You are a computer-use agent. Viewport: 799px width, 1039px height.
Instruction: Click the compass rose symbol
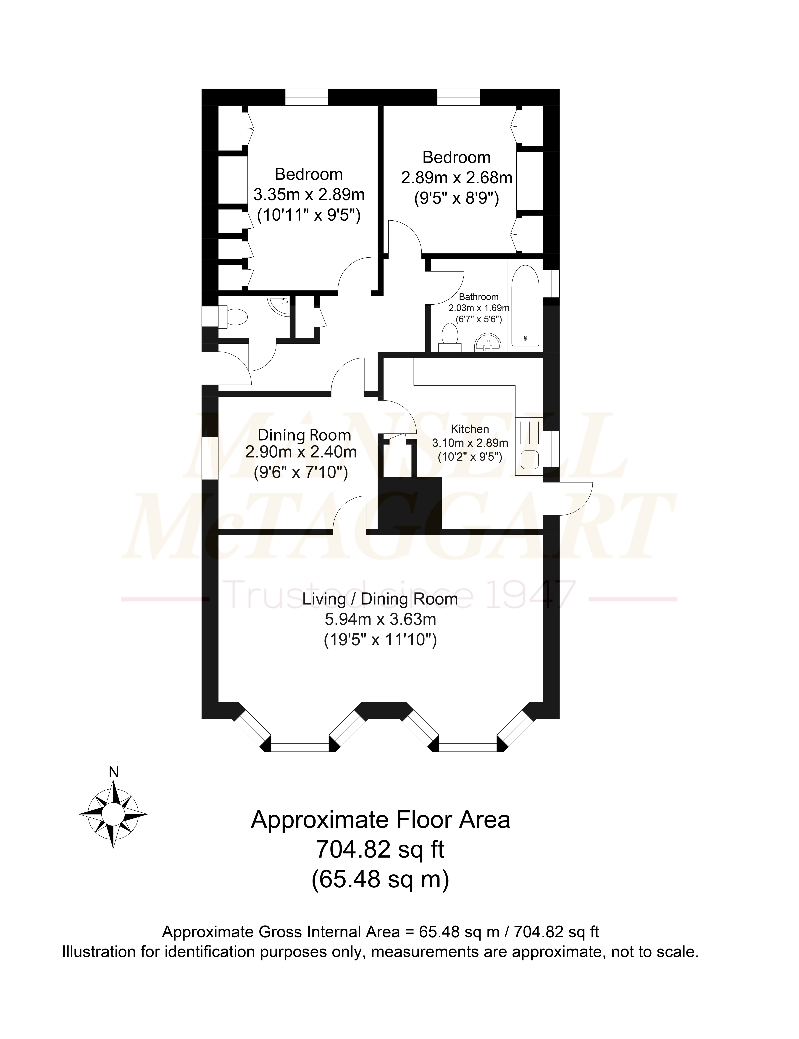point(113,813)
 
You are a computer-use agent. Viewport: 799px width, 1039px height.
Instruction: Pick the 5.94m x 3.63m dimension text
point(381,619)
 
